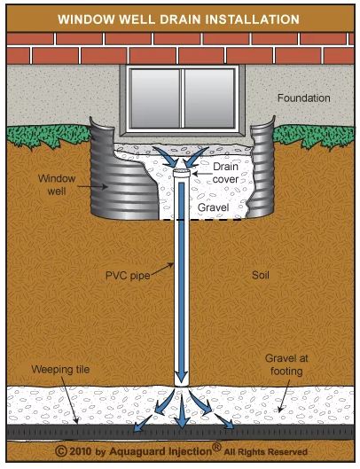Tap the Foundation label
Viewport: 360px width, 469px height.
point(304,98)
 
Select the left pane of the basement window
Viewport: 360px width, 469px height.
point(155,98)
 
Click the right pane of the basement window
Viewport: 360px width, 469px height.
point(209,98)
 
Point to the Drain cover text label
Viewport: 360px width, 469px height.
point(225,173)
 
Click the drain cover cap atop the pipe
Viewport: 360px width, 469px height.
point(182,173)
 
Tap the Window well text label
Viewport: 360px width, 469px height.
point(57,184)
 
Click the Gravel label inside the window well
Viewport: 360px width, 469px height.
point(214,207)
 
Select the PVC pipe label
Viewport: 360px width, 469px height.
point(128,276)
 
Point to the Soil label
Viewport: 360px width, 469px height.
point(261,275)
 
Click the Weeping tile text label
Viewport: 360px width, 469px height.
point(60,370)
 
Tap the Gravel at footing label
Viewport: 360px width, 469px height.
point(286,364)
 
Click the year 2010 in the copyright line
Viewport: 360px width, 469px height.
point(81,451)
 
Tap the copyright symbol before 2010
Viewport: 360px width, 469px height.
point(61,451)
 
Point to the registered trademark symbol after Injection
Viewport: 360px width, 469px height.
point(216,447)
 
